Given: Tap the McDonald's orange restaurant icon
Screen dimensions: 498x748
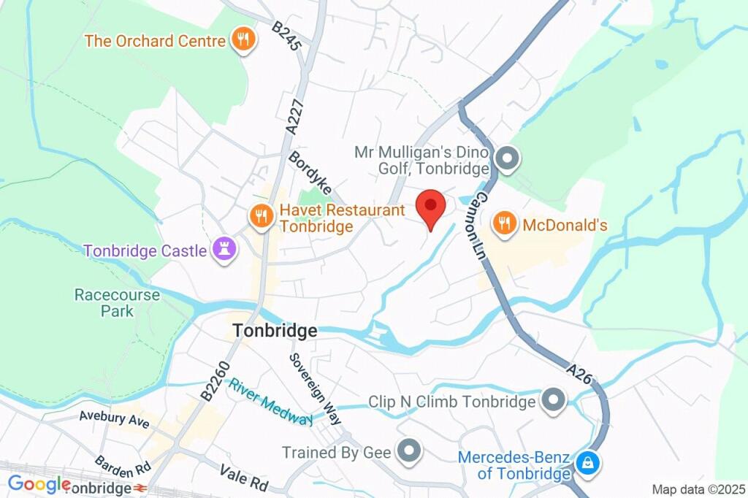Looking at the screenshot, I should tap(504, 225).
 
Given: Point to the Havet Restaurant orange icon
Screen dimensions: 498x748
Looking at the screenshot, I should tap(261, 216).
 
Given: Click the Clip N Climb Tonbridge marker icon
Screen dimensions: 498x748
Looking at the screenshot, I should tap(553, 400).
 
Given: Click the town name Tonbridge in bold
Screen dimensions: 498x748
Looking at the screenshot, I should tap(275, 331).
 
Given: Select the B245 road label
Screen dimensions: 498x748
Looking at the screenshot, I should tap(286, 35).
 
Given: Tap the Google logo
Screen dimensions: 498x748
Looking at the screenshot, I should tap(38, 483).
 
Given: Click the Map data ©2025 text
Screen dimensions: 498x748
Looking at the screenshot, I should tap(698, 489).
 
